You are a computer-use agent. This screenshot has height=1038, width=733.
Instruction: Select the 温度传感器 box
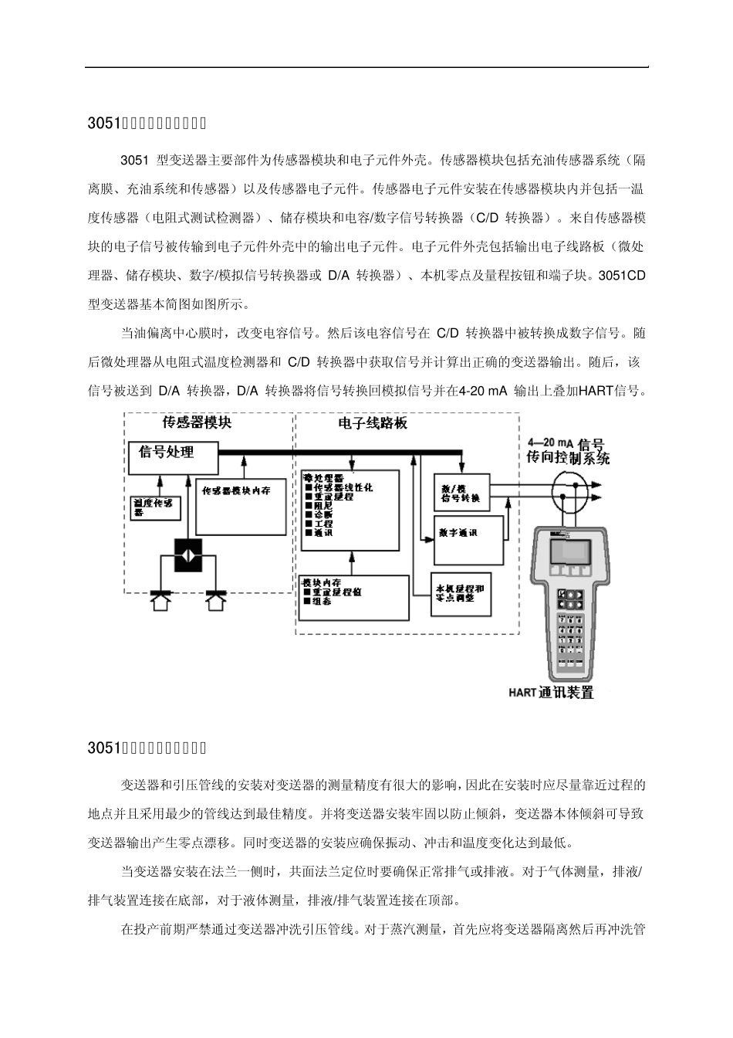click(x=157, y=507)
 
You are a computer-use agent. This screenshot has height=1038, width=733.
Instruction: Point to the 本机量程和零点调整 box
click(x=459, y=593)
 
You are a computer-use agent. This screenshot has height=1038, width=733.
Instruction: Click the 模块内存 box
click(x=353, y=599)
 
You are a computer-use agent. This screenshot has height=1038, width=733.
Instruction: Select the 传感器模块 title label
click(x=196, y=422)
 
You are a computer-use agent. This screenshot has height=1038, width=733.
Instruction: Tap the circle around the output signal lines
click(x=575, y=488)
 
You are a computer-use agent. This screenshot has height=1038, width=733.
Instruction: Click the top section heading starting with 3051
click(x=147, y=122)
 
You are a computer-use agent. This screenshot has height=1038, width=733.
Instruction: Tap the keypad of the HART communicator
click(x=572, y=622)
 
